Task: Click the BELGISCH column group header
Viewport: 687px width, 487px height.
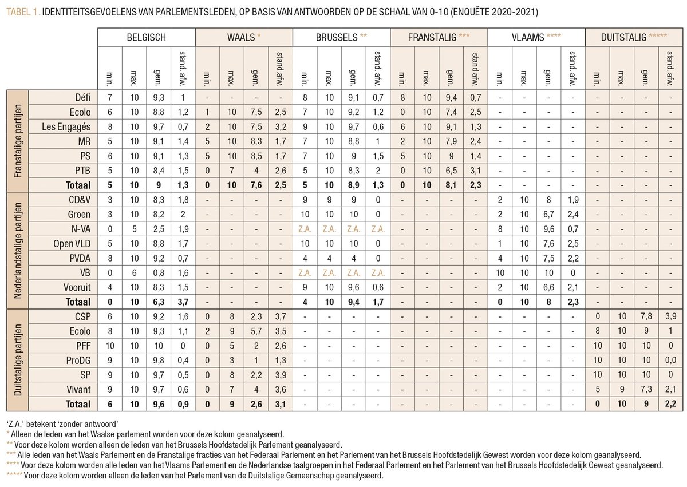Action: [x=147, y=37]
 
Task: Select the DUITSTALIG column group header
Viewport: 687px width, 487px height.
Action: [x=634, y=37]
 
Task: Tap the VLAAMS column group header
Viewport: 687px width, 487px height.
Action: [x=537, y=37]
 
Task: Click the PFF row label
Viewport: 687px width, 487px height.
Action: [x=80, y=345]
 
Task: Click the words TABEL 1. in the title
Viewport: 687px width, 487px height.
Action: [x=21, y=11]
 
